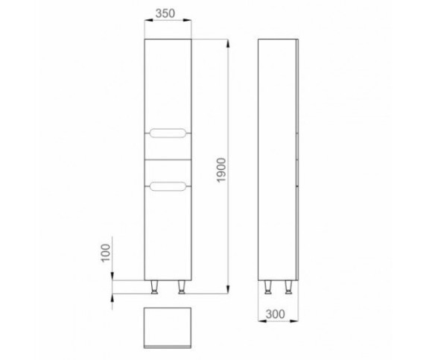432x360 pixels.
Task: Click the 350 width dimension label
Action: (165, 13)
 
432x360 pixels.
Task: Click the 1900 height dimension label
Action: (221, 170)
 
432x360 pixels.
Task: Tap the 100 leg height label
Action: (106, 253)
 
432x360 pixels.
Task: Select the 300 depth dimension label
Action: (276, 314)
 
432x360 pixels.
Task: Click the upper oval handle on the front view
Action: (168, 133)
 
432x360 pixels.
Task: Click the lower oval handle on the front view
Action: (168, 186)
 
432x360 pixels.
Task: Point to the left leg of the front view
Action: (155, 287)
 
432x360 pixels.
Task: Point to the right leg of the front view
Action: (182, 287)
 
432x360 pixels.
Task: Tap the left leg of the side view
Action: (267, 287)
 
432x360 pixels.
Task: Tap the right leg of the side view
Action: (288, 287)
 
